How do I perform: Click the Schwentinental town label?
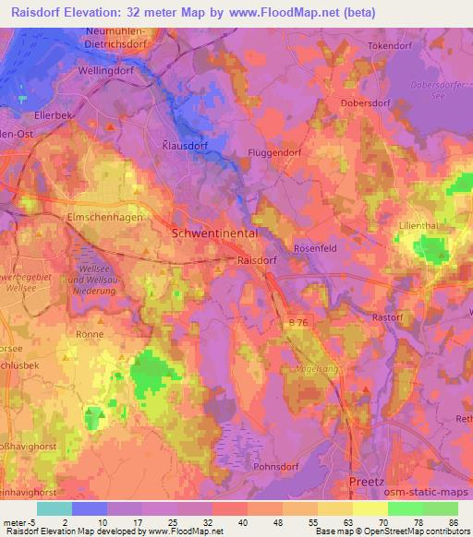pos(215,234)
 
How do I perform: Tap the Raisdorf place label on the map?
pos(259,261)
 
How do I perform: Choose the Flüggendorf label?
pos(275,152)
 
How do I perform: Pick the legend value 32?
pos(211,523)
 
